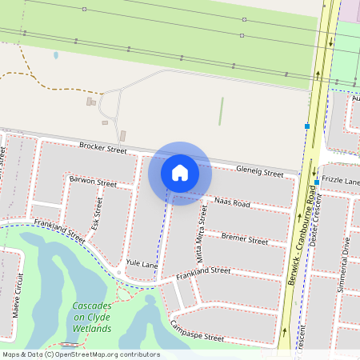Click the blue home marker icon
(180, 173)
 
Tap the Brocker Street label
(103, 148)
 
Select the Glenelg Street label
(261, 172)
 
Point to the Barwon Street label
(93, 182)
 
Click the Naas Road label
(232, 204)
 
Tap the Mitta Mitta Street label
(201, 234)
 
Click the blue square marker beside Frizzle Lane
(317, 182)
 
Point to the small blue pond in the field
(55, 55)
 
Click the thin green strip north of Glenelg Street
(221, 111)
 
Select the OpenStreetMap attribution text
(81, 354)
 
